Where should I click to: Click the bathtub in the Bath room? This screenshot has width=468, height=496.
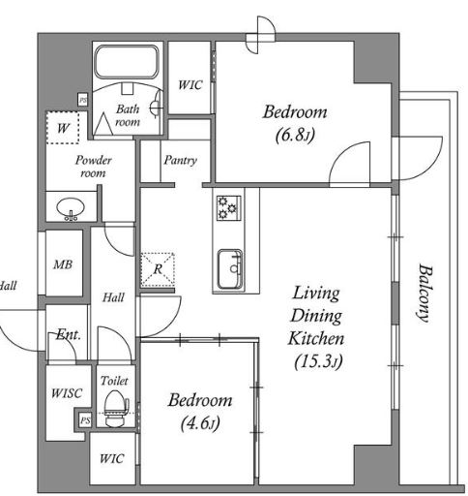pyautogui.click(x=127, y=62)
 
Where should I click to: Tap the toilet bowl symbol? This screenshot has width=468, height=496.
pyautogui.click(x=116, y=409)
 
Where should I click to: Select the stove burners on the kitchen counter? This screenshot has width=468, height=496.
pyautogui.click(x=228, y=208)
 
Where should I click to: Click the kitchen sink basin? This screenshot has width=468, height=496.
pyautogui.click(x=230, y=269)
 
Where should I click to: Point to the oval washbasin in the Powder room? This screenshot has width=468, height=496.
pyautogui.click(x=71, y=207)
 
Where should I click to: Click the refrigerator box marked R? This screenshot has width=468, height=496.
pyautogui.click(x=158, y=269)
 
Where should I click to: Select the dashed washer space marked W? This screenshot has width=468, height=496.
pyautogui.click(x=63, y=128)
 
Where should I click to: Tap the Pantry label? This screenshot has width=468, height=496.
pyautogui.click(x=180, y=160)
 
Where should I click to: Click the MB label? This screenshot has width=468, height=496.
pyautogui.click(x=63, y=264)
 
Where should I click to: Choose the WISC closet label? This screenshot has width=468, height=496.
pyautogui.click(x=67, y=393)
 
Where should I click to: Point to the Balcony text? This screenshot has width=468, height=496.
pyautogui.click(x=424, y=293)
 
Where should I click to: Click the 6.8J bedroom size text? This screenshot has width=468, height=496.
pyautogui.click(x=295, y=136)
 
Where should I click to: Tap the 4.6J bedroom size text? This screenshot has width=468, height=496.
pyautogui.click(x=200, y=423)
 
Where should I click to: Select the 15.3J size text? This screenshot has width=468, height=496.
pyautogui.click(x=318, y=361)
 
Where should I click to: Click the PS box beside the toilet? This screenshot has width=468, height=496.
pyautogui.click(x=85, y=420)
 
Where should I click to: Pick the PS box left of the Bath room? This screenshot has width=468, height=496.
pyautogui.click(x=83, y=100)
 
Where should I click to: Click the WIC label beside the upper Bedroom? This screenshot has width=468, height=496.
pyautogui.click(x=190, y=85)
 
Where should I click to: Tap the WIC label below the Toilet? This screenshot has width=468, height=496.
pyautogui.click(x=111, y=458)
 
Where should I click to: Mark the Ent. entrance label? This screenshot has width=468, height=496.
pyautogui.click(x=68, y=334)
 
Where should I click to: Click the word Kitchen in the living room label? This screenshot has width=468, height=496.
pyautogui.click(x=316, y=338)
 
